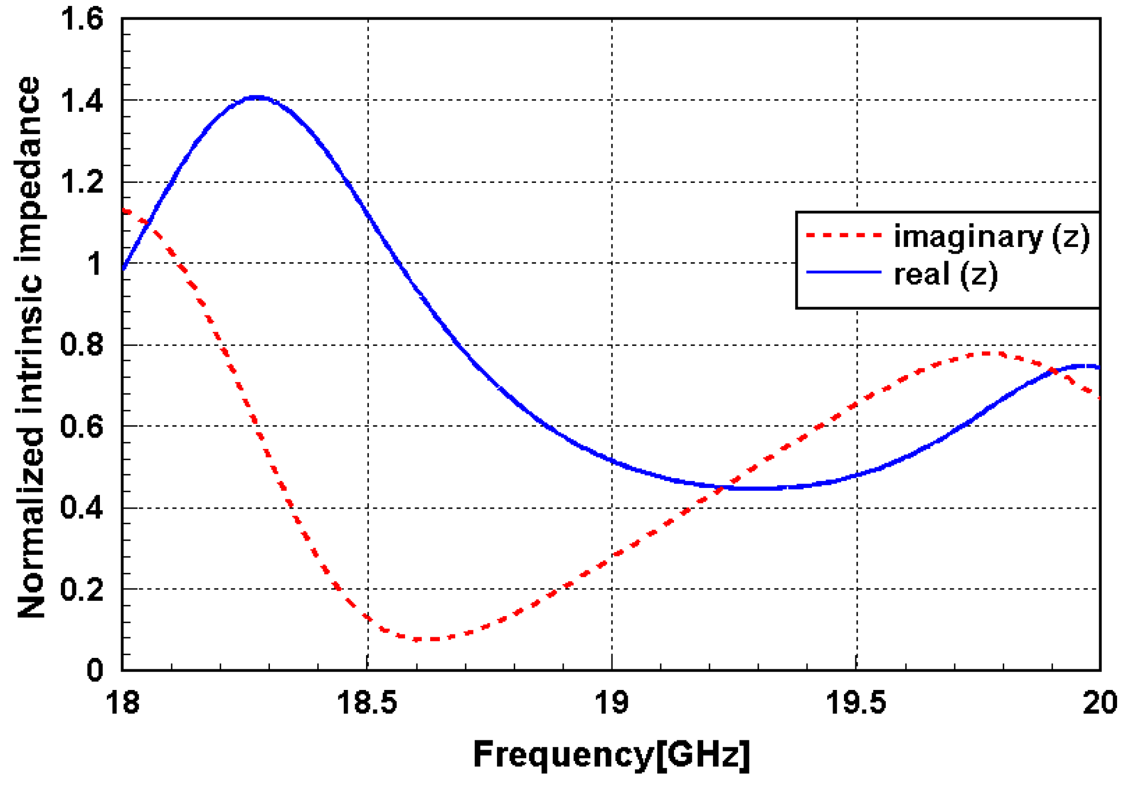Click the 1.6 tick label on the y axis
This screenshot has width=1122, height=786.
pos(81,20)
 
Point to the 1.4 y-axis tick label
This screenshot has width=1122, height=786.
pos(81,101)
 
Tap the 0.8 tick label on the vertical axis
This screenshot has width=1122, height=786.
pos(81,345)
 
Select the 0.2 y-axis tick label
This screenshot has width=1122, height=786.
pos(81,589)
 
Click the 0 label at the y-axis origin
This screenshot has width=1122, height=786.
pos(94,670)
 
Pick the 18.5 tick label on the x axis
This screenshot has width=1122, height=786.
pos(367,703)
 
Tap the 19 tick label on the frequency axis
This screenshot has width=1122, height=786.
pos(612,703)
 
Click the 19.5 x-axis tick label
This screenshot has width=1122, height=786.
pos(856,703)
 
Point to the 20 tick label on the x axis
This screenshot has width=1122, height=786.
pos(1099,703)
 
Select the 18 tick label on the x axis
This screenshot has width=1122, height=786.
pos(122,703)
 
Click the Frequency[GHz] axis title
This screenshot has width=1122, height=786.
pos(612,754)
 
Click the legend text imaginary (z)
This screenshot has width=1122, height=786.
pos(992,237)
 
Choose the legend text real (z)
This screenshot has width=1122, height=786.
pos(945,274)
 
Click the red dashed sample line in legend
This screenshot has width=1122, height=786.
pos(843,236)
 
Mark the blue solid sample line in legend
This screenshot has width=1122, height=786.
pos(843,272)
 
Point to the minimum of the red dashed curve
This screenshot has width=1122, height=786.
pos(426,639)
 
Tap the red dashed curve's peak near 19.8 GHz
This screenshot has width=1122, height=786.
pos(986,354)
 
